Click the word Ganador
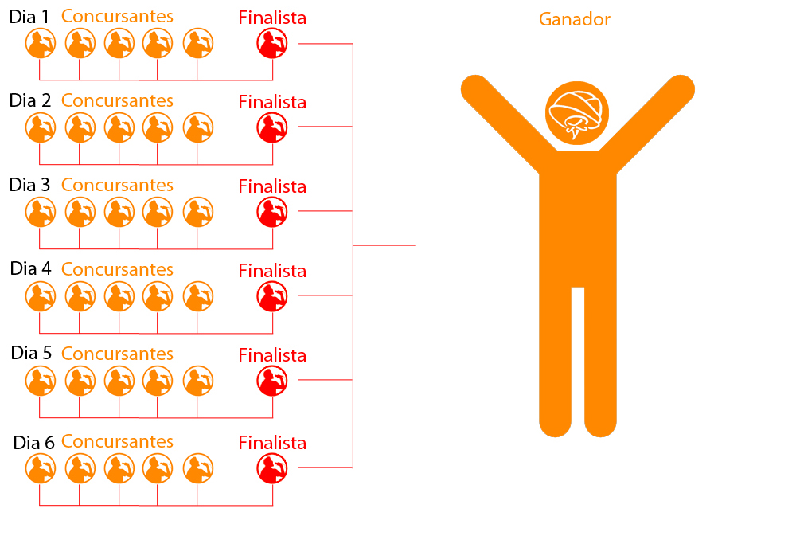(574, 20)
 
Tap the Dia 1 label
(29, 17)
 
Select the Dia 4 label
(30, 268)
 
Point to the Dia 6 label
(33, 443)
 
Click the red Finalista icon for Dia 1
(272, 43)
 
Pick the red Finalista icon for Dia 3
(272, 212)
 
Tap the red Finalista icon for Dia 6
(272, 468)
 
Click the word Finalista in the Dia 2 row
(272, 102)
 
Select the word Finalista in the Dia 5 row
(272, 355)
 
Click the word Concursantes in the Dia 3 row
(117, 185)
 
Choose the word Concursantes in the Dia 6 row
(117, 441)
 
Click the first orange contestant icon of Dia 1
(41, 43)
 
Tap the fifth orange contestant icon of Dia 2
(198, 127)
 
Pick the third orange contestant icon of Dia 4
(119, 296)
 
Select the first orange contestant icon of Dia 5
(41, 381)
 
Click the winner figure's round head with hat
(576, 113)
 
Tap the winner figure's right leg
(600, 361)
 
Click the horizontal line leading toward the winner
(384, 245)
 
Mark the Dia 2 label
(30, 100)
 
